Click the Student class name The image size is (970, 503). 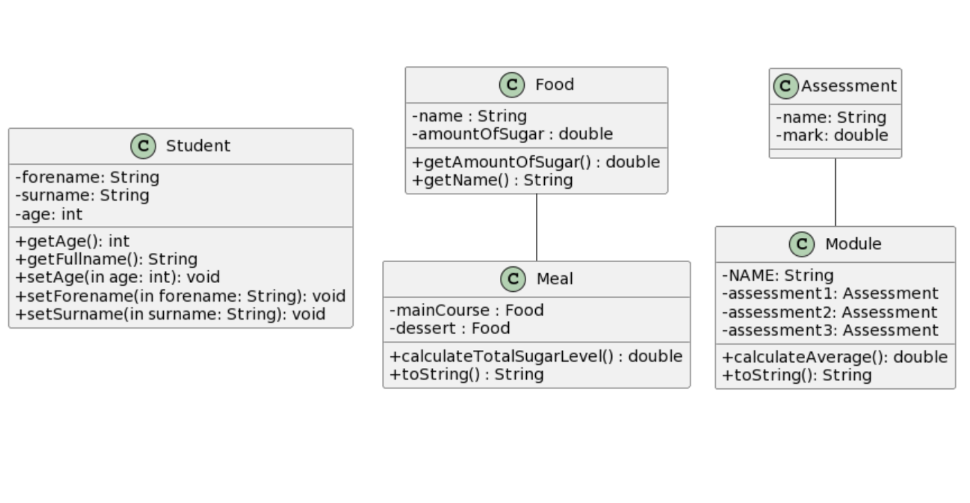pyautogui.click(x=198, y=146)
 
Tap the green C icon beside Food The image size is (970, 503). pyautogui.click(x=512, y=85)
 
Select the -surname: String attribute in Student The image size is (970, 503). pyautogui.click(x=82, y=195)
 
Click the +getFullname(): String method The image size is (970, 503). pyautogui.click(x=107, y=259)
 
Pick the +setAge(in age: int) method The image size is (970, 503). pyautogui.click(x=118, y=277)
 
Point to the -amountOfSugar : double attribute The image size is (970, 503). pyautogui.click(x=512, y=134)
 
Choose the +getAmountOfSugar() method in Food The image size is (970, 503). pyautogui.click(x=536, y=162)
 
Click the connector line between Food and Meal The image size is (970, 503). pyautogui.click(x=537, y=227)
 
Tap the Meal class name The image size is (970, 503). pyautogui.click(x=555, y=279)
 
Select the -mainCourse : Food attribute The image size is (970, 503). pyautogui.click(x=467, y=310)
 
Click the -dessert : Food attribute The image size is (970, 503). pyautogui.click(x=450, y=328)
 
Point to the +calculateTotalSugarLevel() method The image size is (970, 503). pyautogui.click(x=536, y=356)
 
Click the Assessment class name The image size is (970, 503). pyautogui.click(x=849, y=86)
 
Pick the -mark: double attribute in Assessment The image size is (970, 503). pyautogui.click(x=832, y=135)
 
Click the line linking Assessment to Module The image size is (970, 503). pyautogui.click(x=836, y=192)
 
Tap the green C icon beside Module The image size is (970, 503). pyautogui.click(x=802, y=244)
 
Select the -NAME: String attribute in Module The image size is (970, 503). pyautogui.click(x=778, y=275)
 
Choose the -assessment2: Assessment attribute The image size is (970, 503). pyautogui.click(x=830, y=312)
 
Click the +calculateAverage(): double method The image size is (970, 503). pyautogui.click(x=835, y=357)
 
